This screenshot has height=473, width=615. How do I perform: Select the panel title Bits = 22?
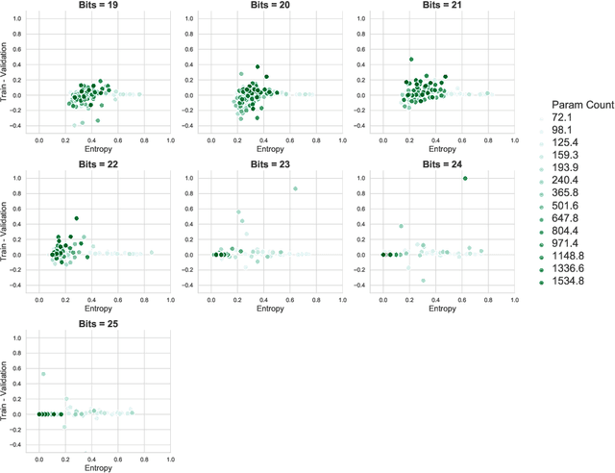coord(103,164)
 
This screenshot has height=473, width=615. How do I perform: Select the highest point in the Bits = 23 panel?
coord(295,188)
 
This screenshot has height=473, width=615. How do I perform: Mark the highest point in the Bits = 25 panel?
coord(43,373)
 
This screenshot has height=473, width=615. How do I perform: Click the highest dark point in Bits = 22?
coord(77,218)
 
